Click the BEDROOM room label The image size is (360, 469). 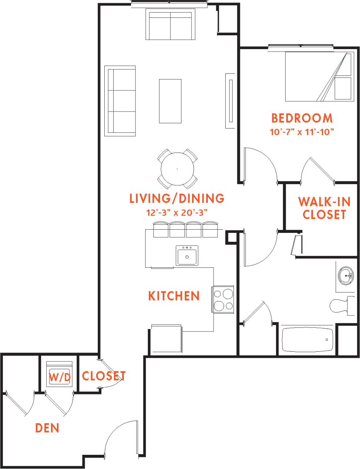[x=302, y=118]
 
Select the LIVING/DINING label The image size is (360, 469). [x=177, y=198]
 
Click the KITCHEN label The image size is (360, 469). [x=174, y=296]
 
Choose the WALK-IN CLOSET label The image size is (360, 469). [x=324, y=208]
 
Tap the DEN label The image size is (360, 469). [x=47, y=428]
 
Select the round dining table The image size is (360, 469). [x=177, y=169]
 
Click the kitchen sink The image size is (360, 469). [x=187, y=256]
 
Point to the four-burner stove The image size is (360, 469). [x=222, y=299]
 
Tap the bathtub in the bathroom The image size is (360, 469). [x=308, y=340]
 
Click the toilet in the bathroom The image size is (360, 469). [x=340, y=305]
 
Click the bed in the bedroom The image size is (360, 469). [x=318, y=76]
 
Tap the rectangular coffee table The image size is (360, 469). [x=170, y=101]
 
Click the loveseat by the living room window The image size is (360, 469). [x=170, y=25]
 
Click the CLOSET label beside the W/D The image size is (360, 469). [x=103, y=376]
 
